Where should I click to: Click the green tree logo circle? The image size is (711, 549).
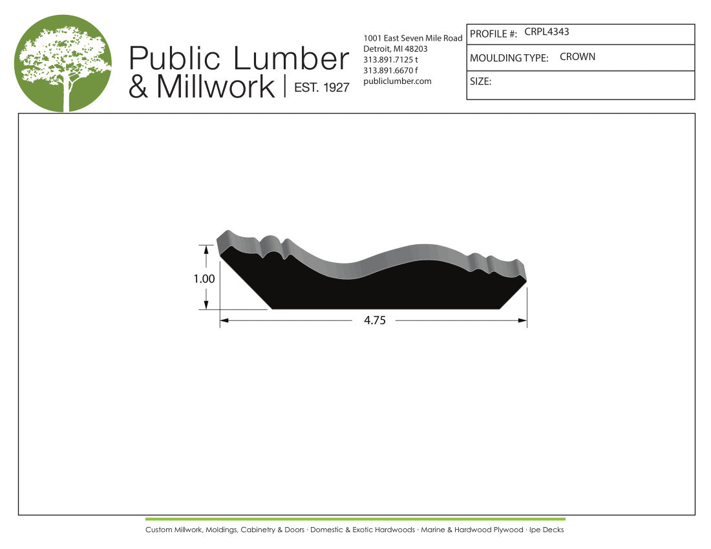pos(63,63)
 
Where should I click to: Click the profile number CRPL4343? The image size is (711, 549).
pos(546,32)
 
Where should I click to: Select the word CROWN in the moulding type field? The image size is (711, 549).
pos(577,57)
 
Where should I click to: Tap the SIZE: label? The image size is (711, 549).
pos(481,81)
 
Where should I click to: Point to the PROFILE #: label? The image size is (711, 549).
pos(493,34)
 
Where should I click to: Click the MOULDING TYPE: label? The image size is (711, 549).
pos(509,58)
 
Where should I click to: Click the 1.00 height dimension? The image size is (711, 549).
pos(204,278)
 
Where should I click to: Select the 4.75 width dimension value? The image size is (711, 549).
pos(374,320)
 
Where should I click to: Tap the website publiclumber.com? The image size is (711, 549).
pos(398,81)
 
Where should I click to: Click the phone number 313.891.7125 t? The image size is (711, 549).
pos(390,60)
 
